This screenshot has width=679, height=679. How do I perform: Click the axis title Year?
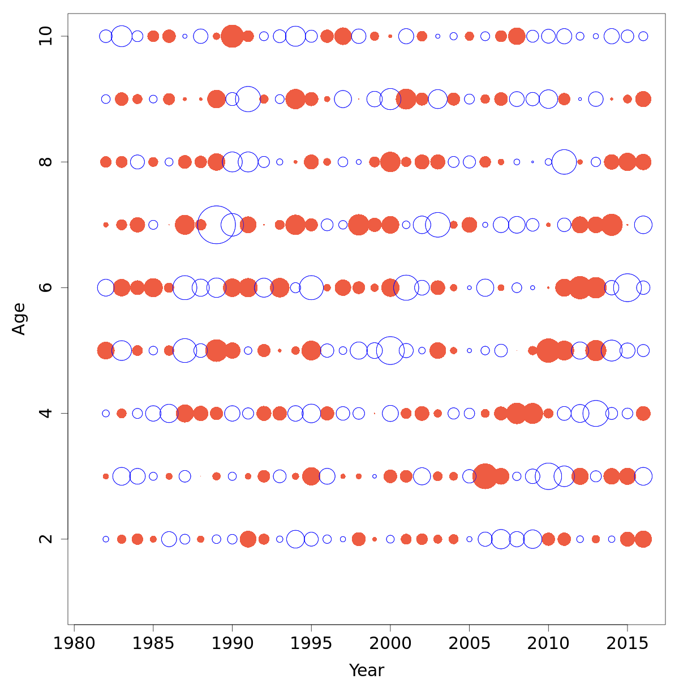tap(366, 670)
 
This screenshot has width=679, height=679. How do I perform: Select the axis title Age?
tap(19, 319)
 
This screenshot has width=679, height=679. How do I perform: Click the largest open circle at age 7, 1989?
tap(216, 225)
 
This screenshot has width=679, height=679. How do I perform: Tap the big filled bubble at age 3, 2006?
tap(485, 476)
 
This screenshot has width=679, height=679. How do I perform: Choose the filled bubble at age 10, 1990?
tap(232, 36)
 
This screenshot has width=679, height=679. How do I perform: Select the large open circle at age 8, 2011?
tap(564, 162)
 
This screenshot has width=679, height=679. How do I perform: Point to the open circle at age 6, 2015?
tap(627, 287)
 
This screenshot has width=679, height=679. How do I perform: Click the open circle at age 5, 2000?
tap(390, 350)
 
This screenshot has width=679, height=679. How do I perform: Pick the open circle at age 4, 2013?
tap(595, 413)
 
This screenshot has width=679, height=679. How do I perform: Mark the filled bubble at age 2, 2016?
tap(643, 539)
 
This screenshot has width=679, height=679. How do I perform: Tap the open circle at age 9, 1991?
tap(248, 99)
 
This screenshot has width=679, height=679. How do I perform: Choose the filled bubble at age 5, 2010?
tap(548, 350)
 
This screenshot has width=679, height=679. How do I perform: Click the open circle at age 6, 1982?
tap(106, 287)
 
